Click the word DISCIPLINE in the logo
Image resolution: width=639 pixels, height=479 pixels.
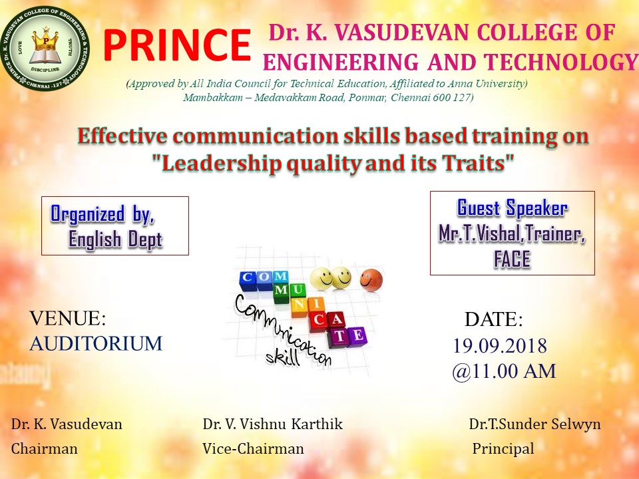pos(45,69)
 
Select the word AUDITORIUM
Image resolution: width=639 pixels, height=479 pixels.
pos(96,343)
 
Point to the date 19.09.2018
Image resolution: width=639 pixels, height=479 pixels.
pos(500,346)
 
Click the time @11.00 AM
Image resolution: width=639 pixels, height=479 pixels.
pos(504,371)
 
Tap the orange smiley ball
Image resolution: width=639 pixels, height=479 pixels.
pos(371,280)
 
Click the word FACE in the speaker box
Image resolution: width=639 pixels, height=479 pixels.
pos(512,259)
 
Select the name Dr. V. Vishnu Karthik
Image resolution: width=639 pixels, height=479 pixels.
pos(273,424)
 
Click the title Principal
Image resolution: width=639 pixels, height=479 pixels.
pos(503,448)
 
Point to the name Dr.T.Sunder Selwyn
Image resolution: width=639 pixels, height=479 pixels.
pos(534,424)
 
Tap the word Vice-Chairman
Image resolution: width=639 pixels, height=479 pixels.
pos(253,448)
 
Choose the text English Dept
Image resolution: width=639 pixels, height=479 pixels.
pos(115,239)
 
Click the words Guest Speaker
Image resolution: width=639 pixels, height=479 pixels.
pos(513,208)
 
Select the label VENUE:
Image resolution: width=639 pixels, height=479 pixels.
pos(68,318)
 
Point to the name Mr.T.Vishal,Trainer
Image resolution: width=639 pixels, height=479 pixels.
pos(512,234)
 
